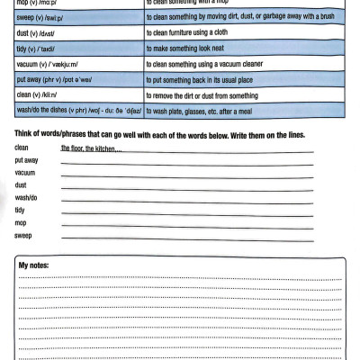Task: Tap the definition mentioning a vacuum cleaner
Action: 208,66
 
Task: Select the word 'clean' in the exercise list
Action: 22,147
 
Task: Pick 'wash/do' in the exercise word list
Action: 26,197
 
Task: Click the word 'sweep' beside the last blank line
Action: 23,235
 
